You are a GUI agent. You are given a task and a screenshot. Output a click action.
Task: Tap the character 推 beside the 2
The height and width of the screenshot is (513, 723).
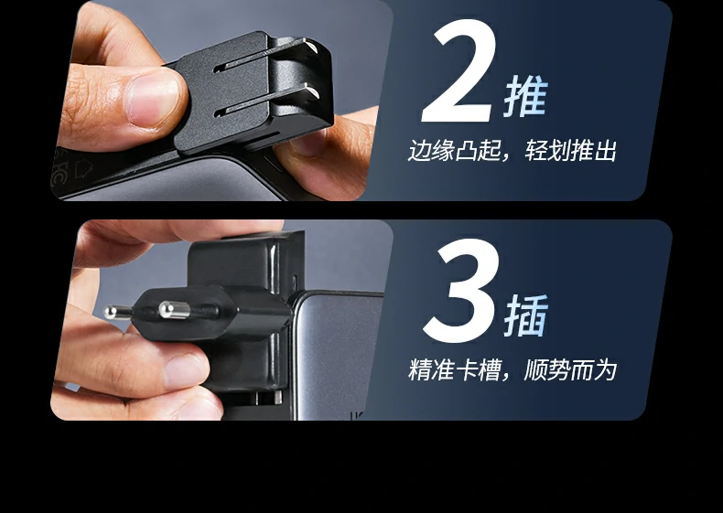pyautogui.click(x=525, y=98)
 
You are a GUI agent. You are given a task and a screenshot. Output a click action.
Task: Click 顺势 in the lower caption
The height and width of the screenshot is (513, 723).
pyautogui.click(x=547, y=370)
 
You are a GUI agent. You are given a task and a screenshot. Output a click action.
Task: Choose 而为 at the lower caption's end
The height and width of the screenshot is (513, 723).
pyautogui.click(x=593, y=370)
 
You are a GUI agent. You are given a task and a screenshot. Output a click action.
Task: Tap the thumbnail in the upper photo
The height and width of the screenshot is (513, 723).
pyautogui.click(x=155, y=98)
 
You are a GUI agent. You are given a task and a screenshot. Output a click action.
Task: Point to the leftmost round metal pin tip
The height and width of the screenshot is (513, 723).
pyautogui.click(x=112, y=311)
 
